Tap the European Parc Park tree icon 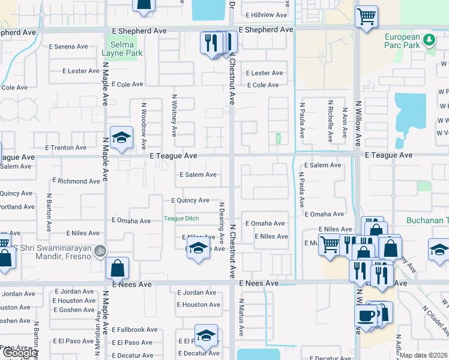(429, 40)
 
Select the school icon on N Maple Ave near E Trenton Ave (121, 137)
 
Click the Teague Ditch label (181, 219)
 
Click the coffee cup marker (366, 314)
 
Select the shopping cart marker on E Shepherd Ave (366, 16)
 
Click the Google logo (20, 353)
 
